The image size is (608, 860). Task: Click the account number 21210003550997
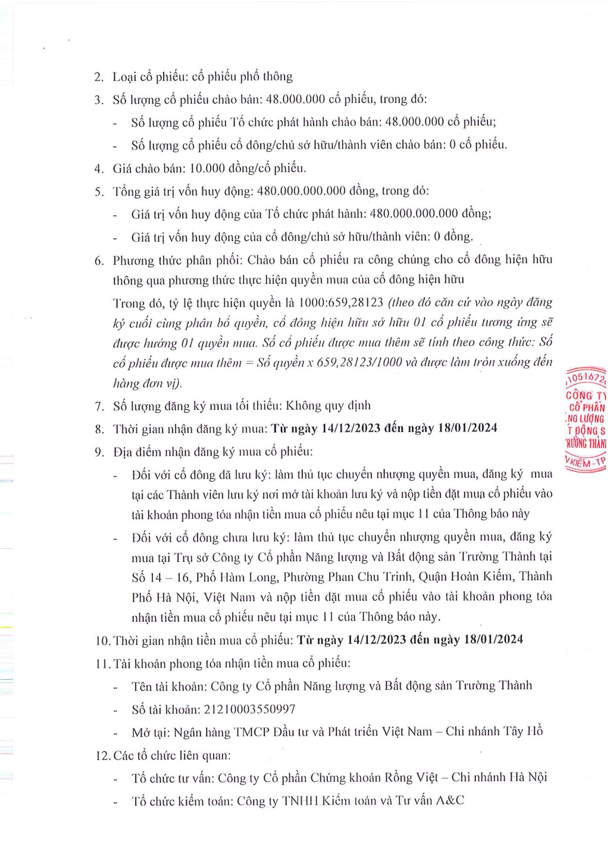click(x=249, y=709)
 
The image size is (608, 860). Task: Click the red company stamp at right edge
click(x=586, y=420)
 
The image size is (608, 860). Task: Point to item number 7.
click(x=99, y=406)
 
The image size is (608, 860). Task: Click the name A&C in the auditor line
click(x=450, y=801)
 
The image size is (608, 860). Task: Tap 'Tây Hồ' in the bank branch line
click(x=522, y=731)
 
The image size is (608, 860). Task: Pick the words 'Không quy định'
click(x=328, y=405)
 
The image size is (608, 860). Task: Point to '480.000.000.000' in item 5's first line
click(x=301, y=191)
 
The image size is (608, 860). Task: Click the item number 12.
click(x=102, y=756)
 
